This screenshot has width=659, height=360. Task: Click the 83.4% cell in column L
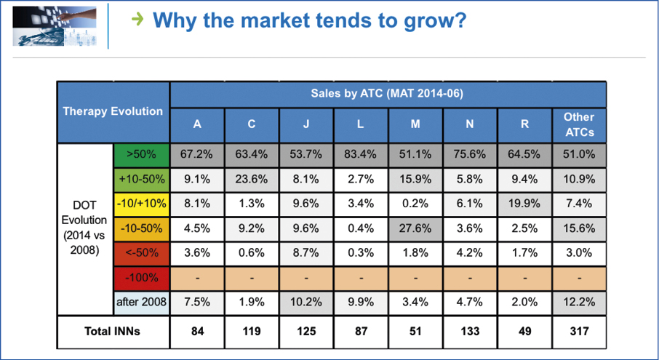(361, 155)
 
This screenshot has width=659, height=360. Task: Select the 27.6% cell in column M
(415, 229)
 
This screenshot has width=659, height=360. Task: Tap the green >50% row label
(141, 155)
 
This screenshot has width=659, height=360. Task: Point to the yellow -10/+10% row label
(141, 204)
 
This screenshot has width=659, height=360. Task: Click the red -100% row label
(141, 278)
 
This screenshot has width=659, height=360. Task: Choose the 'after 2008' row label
(141, 303)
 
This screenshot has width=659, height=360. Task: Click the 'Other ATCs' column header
(579, 125)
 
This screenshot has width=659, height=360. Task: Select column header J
(306, 125)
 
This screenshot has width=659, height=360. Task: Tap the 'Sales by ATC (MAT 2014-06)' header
(388, 94)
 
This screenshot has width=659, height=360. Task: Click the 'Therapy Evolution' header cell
(113, 112)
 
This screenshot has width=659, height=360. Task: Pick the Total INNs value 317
(579, 332)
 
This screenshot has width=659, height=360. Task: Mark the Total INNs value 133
(470, 332)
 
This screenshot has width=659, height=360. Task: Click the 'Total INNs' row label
(113, 332)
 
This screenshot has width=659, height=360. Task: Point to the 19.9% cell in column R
(524, 204)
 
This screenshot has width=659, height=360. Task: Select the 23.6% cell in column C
(252, 180)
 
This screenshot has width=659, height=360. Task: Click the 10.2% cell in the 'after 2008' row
(306, 303)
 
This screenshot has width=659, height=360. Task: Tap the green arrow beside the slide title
(137, 19)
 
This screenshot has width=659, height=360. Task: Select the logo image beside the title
(55, 25)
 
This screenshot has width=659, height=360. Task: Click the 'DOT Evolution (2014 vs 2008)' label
(84, 228)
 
